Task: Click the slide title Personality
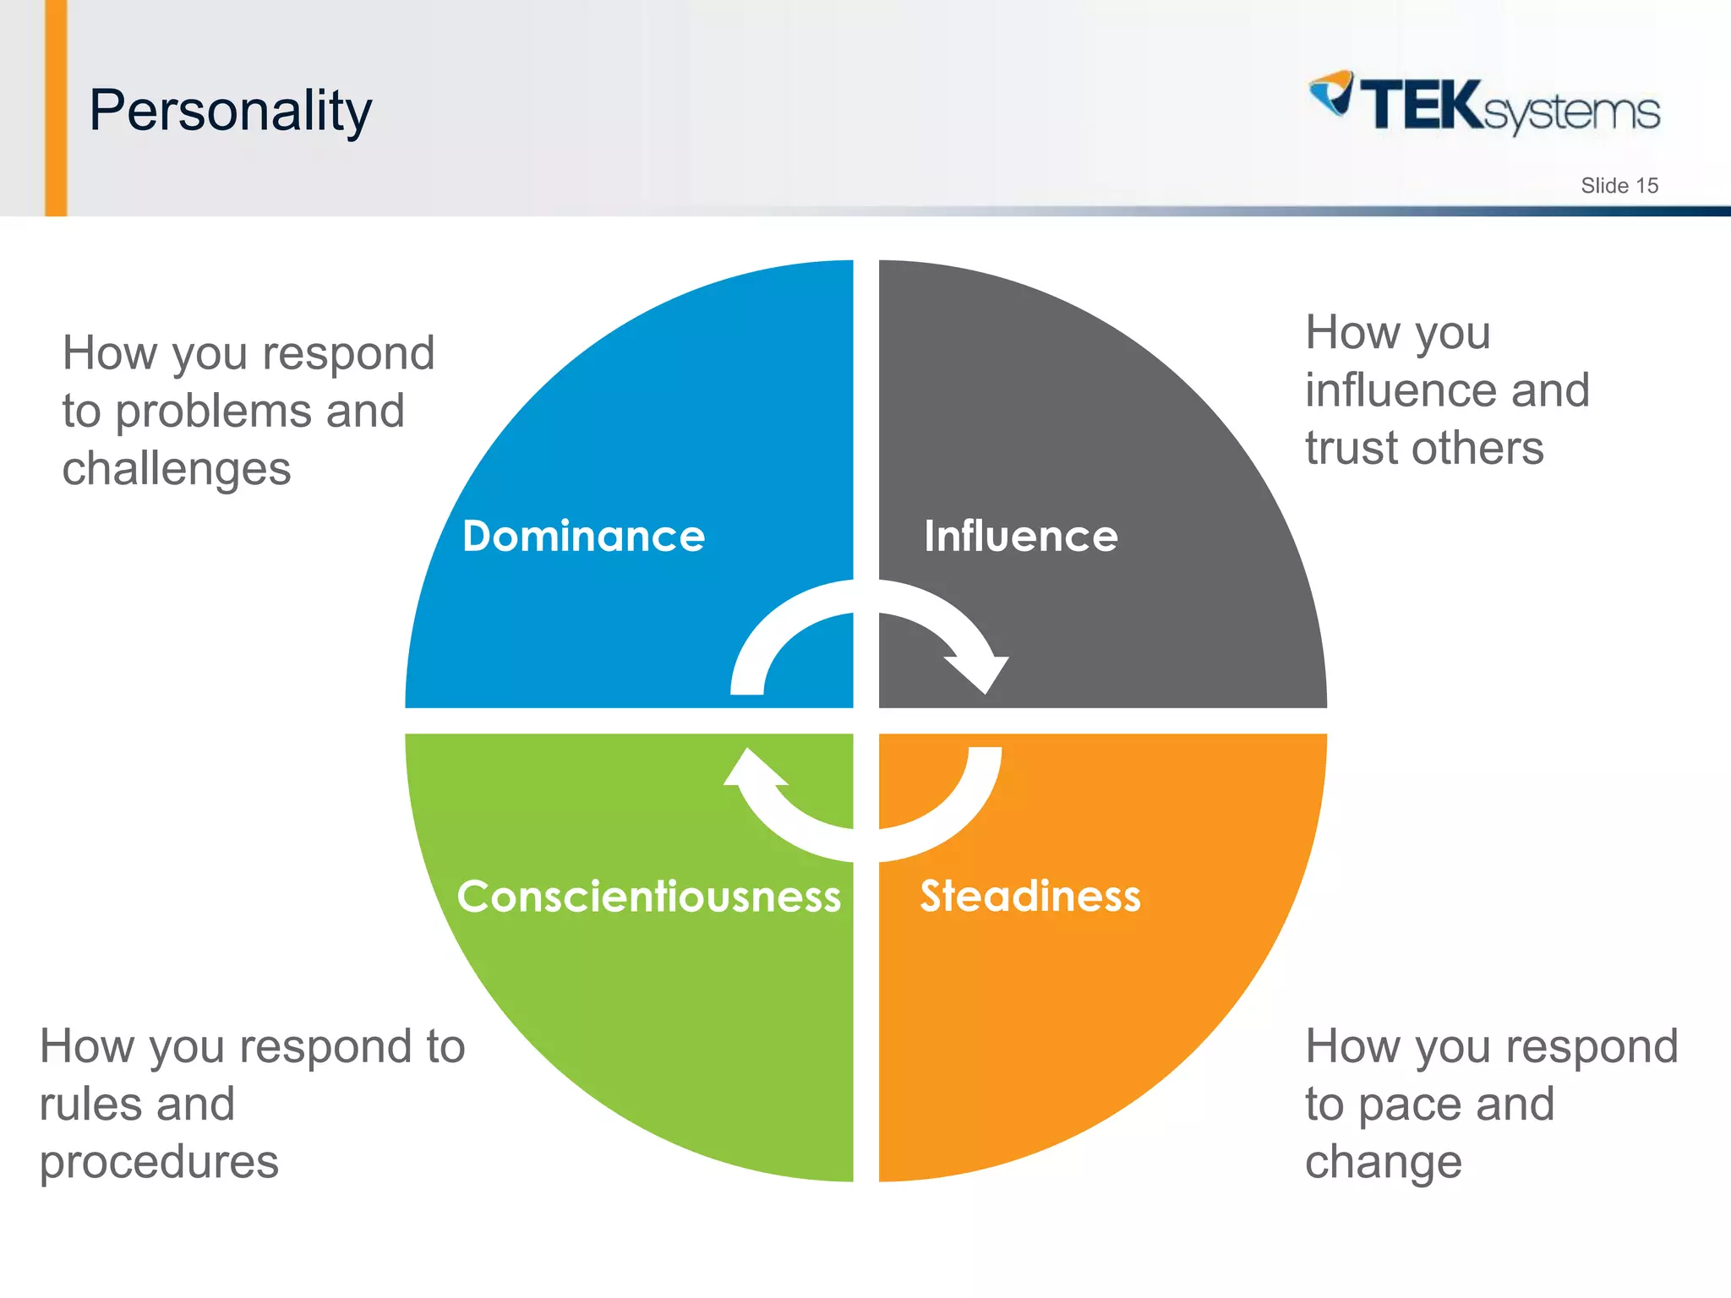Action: [x=230, y=111]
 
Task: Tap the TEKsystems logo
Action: [x=1484, y=105]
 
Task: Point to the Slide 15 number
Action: [x=1619, y=186]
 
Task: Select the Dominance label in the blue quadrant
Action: [x=583, y=537]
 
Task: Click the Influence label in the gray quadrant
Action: [x=1020, y=537]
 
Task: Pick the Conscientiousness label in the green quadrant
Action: [x=648, y=897]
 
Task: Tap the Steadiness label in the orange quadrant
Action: [x=1029, y=897]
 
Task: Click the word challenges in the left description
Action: [x=176, y=470]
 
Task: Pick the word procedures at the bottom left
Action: [x=159, y=1163]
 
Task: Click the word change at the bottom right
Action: [x=1383, y=1163]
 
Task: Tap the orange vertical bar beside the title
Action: [x=56, y=108]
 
